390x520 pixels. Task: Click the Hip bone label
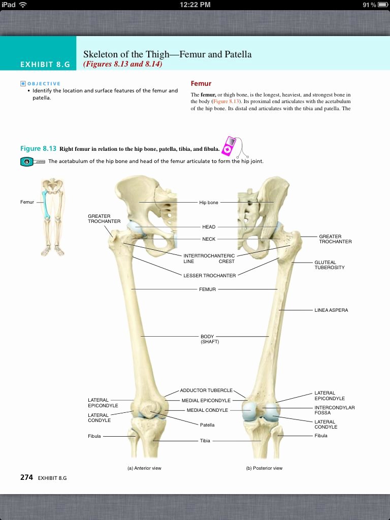point(209,203)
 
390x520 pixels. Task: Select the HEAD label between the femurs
point(209,227)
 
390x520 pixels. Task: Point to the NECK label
point(209,239)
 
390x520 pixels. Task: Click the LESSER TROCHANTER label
point(210,276)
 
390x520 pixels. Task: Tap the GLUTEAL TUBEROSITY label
point(329,265)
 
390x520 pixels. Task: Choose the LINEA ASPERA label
point(331,310)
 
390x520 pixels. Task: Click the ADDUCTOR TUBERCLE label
point(206,391)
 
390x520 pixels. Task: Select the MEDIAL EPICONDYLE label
point(206,401)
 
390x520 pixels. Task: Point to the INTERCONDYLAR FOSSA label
point(334,410)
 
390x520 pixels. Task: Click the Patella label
point(207,425)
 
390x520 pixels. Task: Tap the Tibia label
point(205,441)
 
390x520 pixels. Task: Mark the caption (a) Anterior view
point(144,468)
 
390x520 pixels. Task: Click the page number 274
point(26,477)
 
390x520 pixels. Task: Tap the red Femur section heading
point(201,83)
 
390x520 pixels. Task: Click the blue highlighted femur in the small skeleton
point(46,204)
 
